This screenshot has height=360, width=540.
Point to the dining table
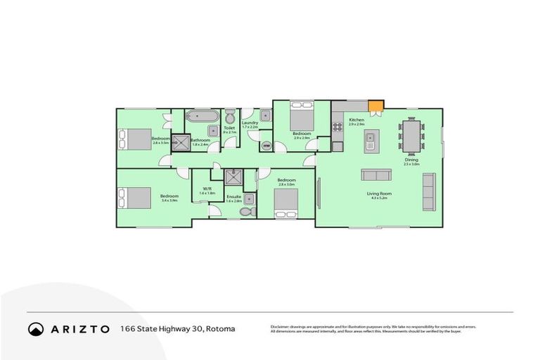(412, 136)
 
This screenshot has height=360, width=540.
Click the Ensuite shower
(233, 178)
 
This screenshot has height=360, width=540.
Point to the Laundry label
(250, 123)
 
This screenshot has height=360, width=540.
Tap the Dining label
(411, 160)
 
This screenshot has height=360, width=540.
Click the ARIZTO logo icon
(35, 328)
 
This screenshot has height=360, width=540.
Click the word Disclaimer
(280, 327)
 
